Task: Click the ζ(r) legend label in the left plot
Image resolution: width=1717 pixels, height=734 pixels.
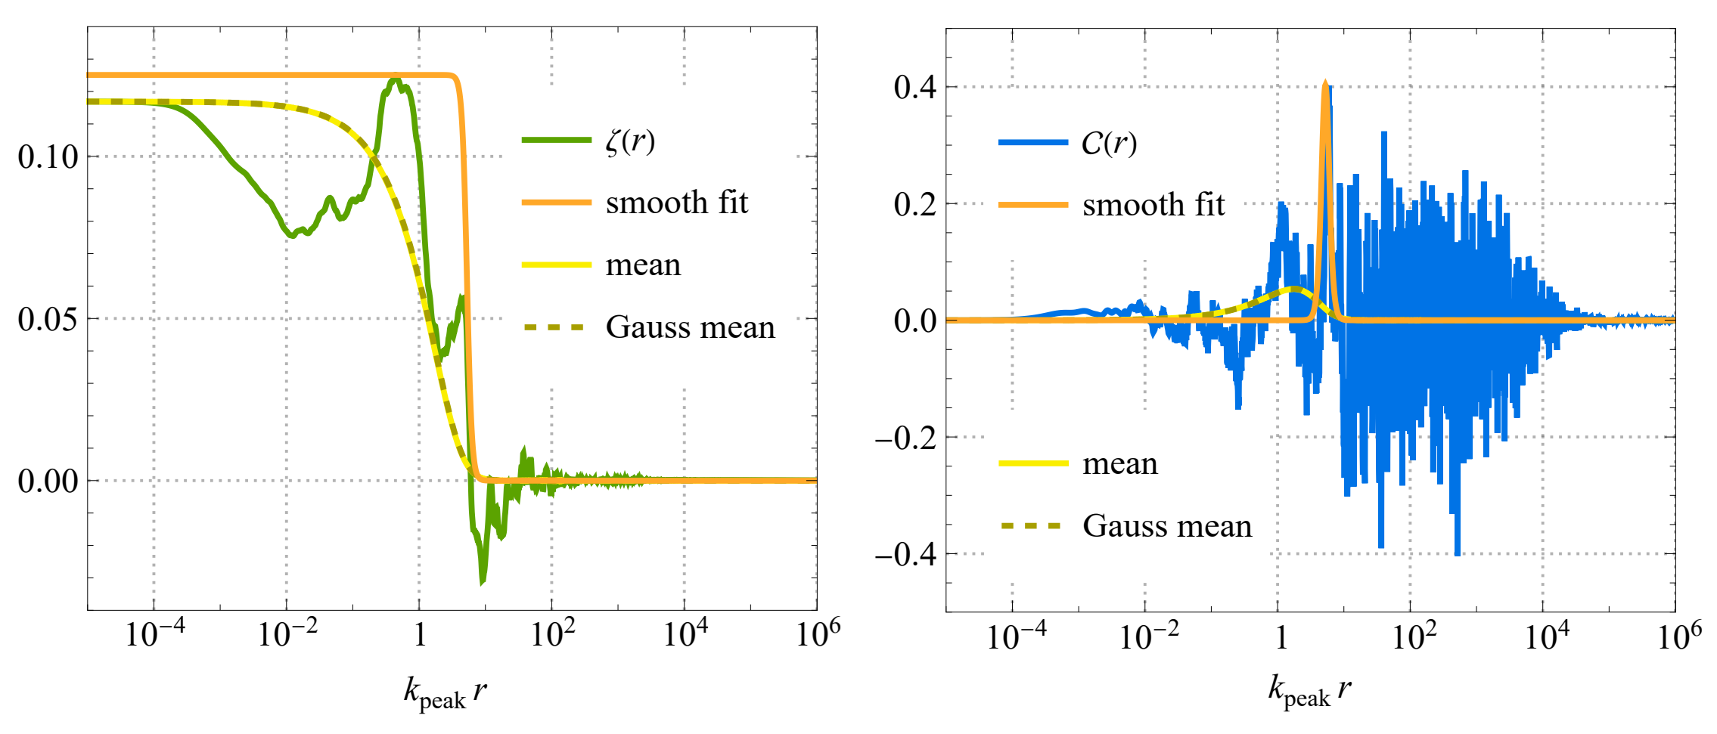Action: pos(630,141)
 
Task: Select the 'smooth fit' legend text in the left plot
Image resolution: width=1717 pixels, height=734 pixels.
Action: pos(676,203)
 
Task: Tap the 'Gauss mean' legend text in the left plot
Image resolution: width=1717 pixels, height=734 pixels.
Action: pos(690,327)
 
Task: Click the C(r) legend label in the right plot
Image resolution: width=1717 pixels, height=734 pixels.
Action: pos(1108,143)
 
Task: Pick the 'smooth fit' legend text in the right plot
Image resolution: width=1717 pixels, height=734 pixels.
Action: pos(1153,205)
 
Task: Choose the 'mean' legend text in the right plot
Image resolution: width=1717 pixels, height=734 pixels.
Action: pos(1119,463)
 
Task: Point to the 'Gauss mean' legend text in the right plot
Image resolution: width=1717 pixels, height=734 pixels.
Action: pos(1166,525)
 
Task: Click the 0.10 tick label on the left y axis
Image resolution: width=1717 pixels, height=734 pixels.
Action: pos(48,157)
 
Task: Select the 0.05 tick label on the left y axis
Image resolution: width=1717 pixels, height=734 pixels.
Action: pos(48,319)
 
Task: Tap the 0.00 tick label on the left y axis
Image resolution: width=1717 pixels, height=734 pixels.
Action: pos(48,481)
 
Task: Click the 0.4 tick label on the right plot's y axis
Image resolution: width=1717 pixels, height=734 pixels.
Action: pos(914,88)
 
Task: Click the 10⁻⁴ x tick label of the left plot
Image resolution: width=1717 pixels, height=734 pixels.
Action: pos(154,633)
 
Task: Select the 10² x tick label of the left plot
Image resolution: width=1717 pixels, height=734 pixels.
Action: pos(552,633)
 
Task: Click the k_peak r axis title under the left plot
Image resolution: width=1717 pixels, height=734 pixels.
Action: pos(445,692)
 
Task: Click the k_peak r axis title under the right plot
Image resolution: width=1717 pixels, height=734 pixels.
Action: pos(1309,691)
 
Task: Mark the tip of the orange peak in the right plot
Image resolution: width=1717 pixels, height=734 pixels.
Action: pos(1325,82)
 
